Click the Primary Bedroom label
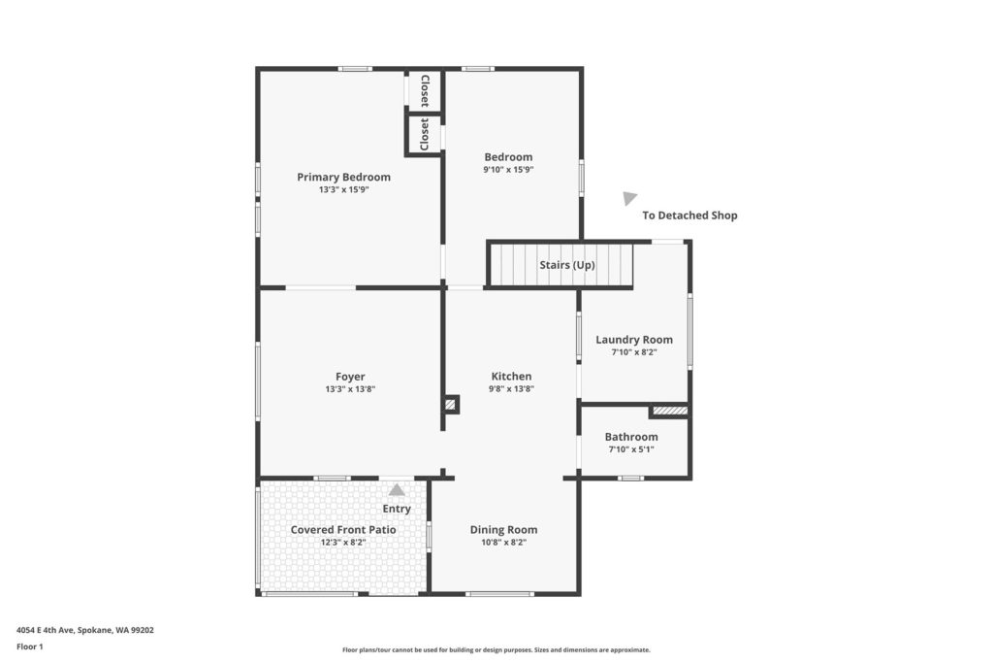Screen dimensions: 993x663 coord(343,177)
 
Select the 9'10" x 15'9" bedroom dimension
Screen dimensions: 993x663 coord(508,170)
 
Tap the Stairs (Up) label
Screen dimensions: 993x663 coord(566,265)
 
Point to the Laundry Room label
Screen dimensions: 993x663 coord(634,340)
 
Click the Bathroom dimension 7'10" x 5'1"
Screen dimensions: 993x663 coord(630,449)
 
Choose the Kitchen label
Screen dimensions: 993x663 coord(511,377)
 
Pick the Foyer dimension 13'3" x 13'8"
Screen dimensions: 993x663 coord(350,389)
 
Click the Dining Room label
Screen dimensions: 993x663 coord(503,530)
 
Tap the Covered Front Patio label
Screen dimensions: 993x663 coord(343,530)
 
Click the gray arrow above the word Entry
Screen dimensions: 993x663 coord(397,490)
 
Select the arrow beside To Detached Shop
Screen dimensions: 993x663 coord(628,198)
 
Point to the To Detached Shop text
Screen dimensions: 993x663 coord(689,215)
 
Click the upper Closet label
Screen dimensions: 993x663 coord(425,90)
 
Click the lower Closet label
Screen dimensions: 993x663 coord(425,134)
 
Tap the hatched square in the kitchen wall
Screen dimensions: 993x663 coord(450,405)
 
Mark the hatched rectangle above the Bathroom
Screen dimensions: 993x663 coord(670,412)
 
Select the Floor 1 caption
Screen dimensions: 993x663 coord(30,647)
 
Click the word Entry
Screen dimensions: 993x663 coord(397,509)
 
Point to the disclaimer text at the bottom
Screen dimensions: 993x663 coord(496,650)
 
